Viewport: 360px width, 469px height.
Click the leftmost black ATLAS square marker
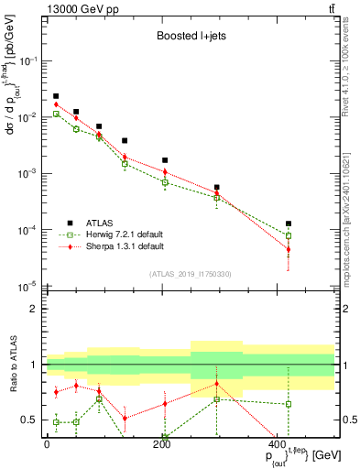[x=56, y=96]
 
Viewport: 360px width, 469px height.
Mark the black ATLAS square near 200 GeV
[x=165, y=160]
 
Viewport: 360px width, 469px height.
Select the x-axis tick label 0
[x=47, y=443]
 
